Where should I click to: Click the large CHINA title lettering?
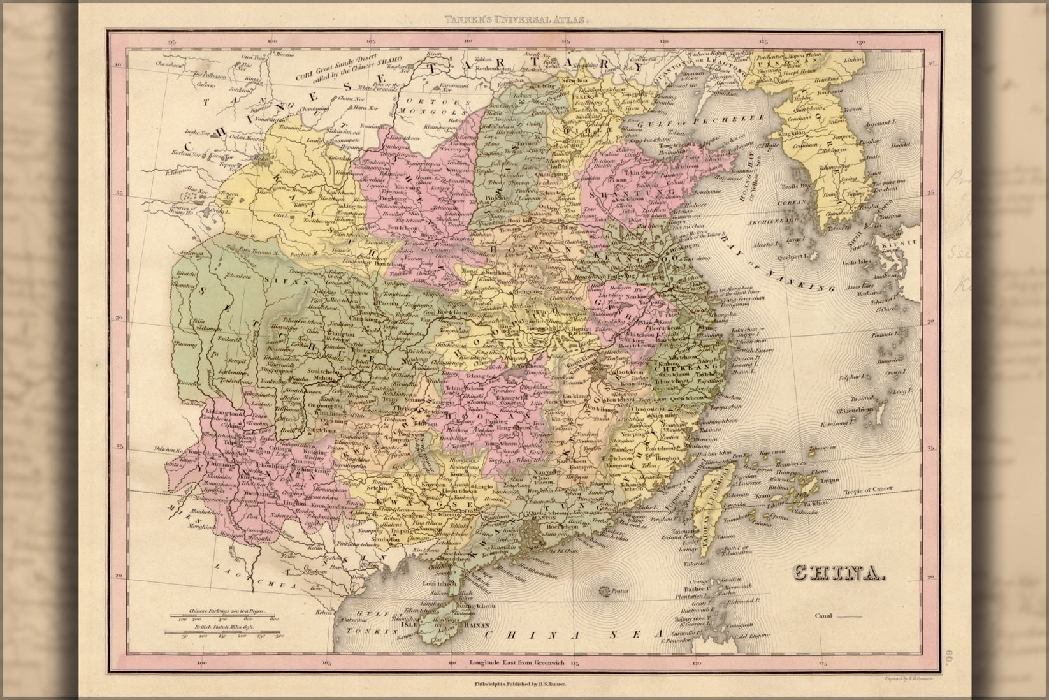[x=839, y=573]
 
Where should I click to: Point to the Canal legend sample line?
[x=848, y=616]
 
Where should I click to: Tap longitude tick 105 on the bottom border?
[x=326, y=663]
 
